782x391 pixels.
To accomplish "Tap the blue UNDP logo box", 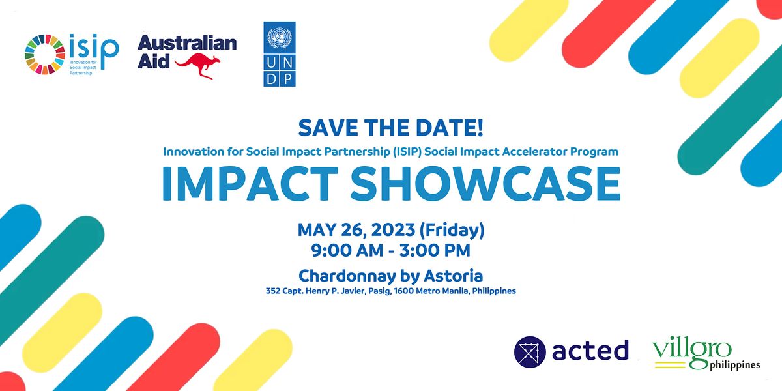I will pos(280,53).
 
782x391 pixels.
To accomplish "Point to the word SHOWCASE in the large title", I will pos(485,184).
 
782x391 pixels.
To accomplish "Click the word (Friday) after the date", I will pos(452,229).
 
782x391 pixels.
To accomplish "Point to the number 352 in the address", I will pos(272,291).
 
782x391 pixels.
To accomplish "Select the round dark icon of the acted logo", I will pos(529,351).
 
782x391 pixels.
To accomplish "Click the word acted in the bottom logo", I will pos(590,350).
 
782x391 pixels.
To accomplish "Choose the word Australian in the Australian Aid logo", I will pos(187,44).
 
